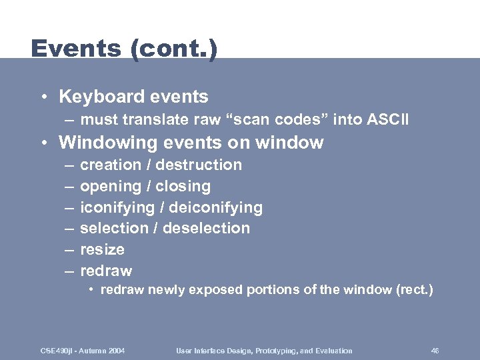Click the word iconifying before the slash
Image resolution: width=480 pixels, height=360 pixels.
point(116,207)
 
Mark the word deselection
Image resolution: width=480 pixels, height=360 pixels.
point(207,228)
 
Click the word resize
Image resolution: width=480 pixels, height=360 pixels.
point(102,249)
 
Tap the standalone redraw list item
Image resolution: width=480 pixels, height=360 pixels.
point(106,271)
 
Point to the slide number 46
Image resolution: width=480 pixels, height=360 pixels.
point(435,351)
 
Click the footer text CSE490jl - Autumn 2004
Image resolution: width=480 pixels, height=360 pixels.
point(83,351)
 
